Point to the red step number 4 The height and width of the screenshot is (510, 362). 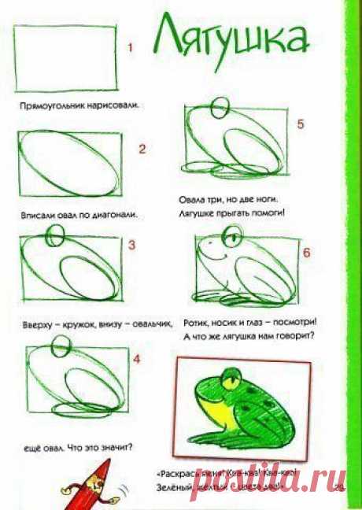pyautogui.click(x=137, y=360)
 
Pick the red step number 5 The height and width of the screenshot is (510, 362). pyautogui.click(x=300, y=124)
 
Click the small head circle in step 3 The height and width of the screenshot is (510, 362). pyautogui.click(x=54, y=234)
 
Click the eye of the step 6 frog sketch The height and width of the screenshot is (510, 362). pyautogui.click(x=231, y=235)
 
